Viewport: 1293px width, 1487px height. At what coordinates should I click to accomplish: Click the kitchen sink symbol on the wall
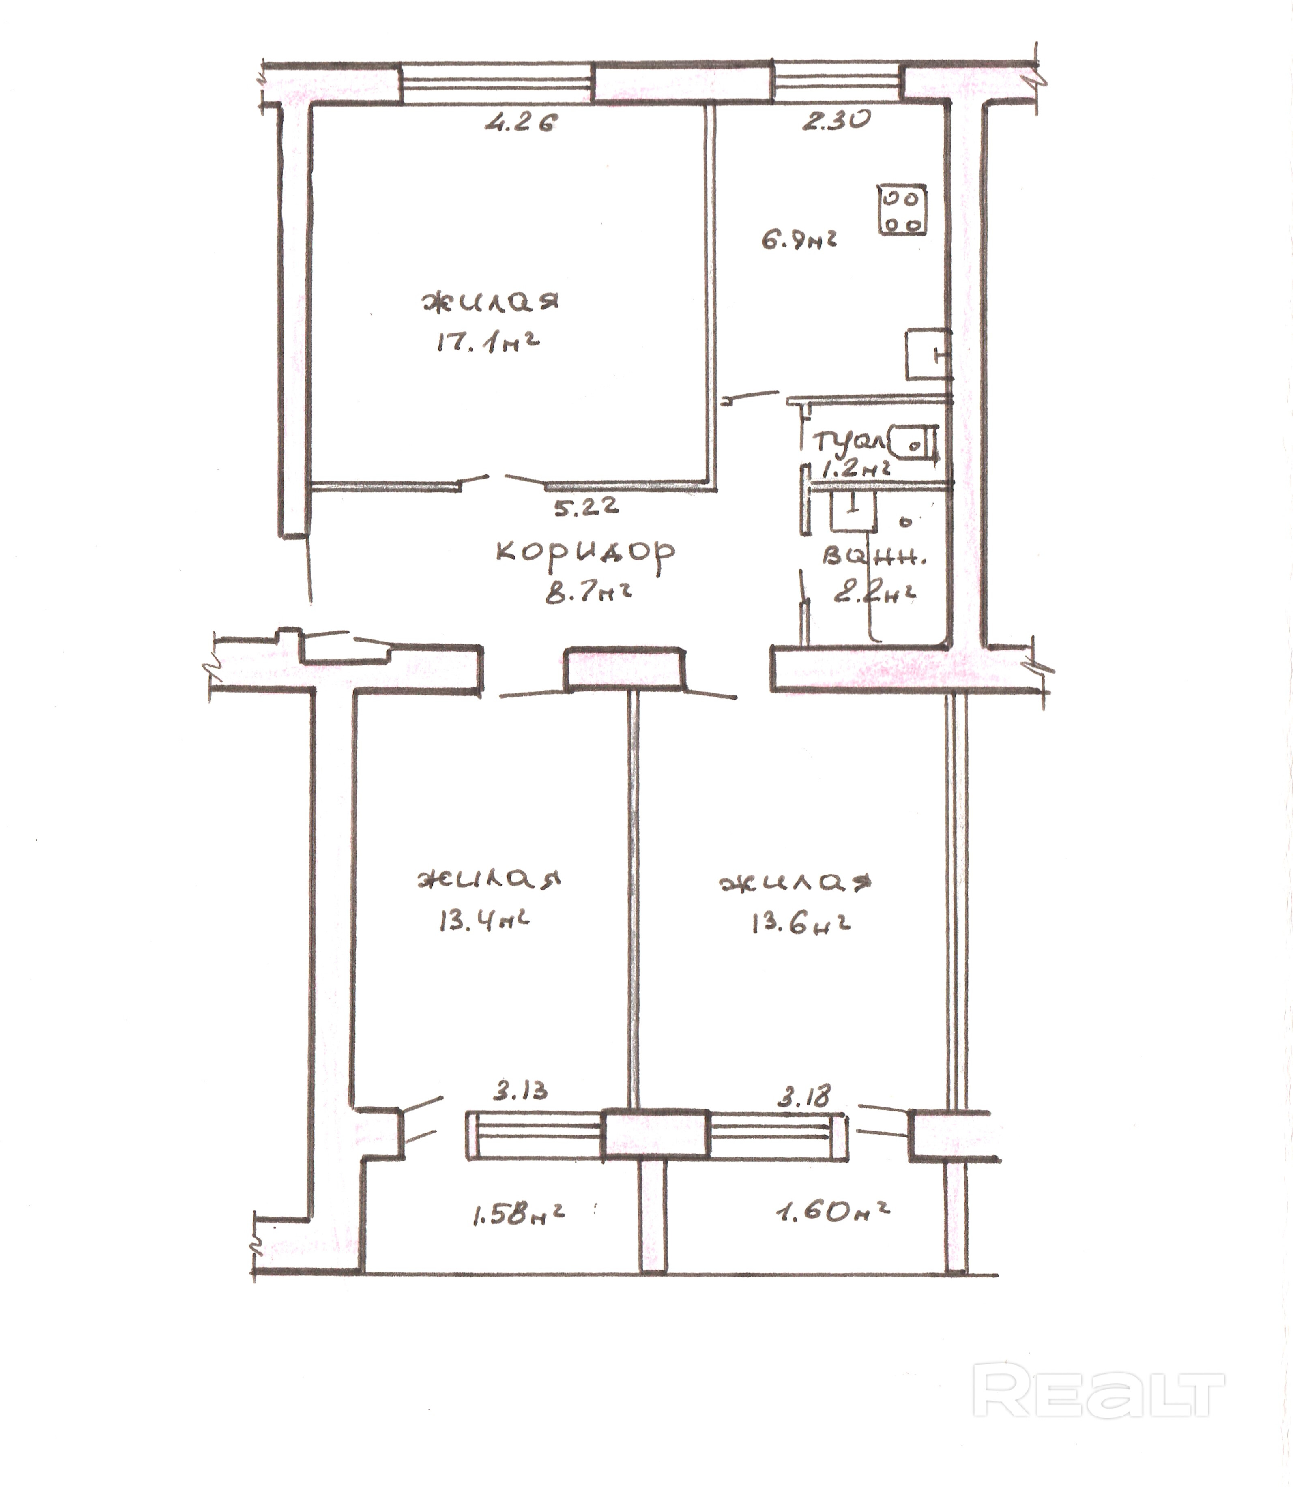[x=929, y=354]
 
